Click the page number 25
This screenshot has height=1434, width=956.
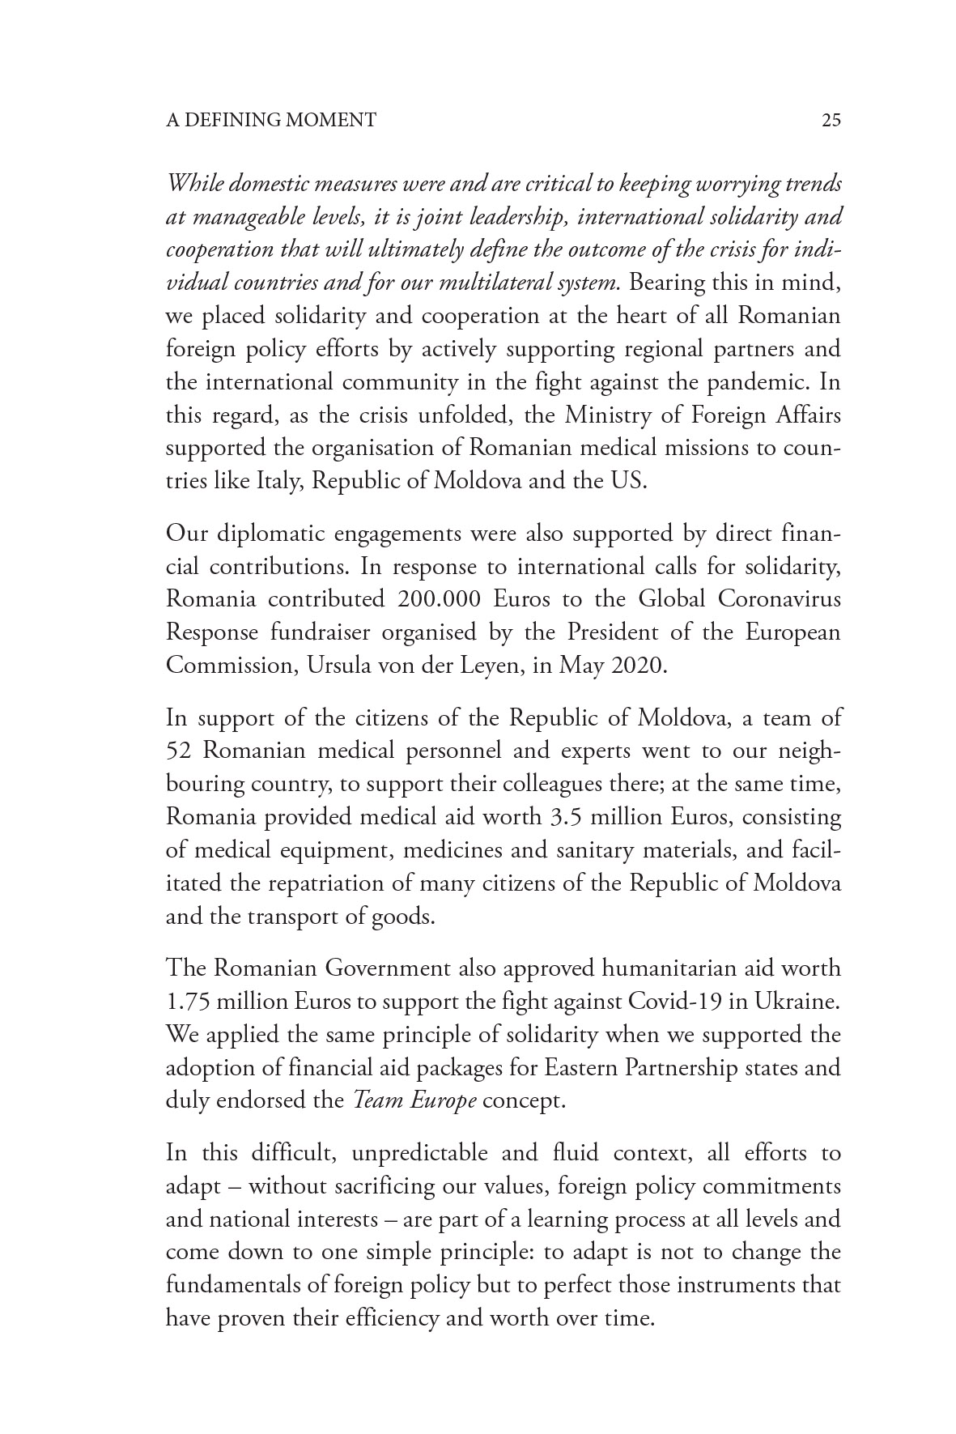[x=831, y=121]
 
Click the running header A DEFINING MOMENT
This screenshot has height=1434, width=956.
[x=270, y=121]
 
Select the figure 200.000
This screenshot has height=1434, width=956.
[x=440, y=599]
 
